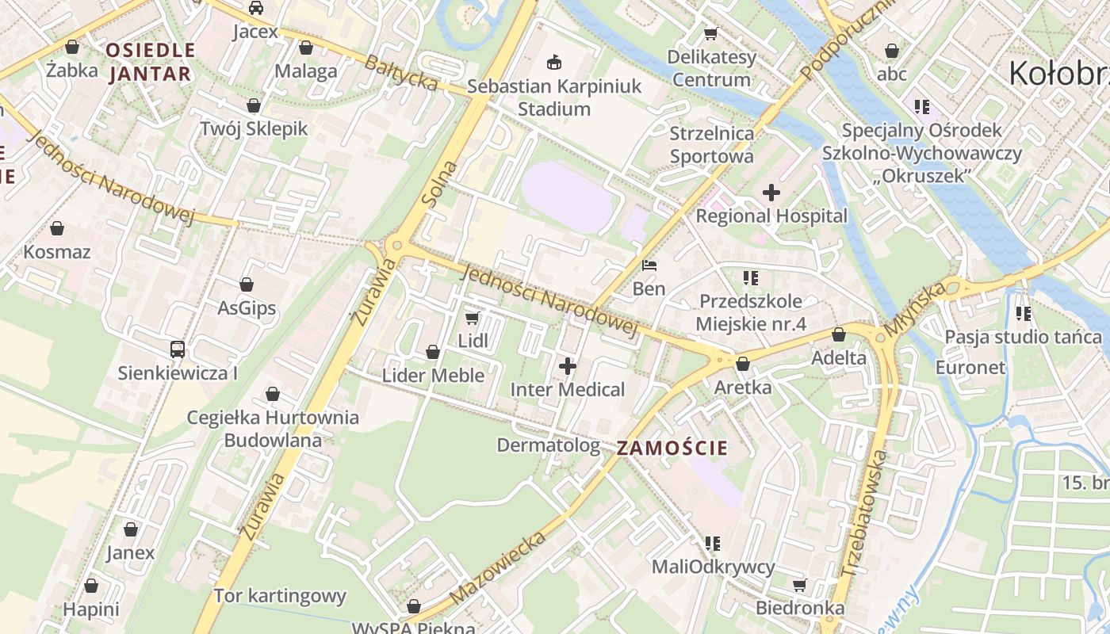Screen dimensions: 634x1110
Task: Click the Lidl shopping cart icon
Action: pyautogui.click(x=472, y=319)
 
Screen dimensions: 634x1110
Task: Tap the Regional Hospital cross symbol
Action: pyautogui.click(x=771, y=193)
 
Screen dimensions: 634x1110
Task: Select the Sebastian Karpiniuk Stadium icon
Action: pyautogui.click(x=553, y=62)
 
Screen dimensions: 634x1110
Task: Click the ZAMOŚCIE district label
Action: pyautogui.click(x=672, y=448)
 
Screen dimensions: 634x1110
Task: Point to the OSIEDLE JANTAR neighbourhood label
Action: pyautogui.click(x=150, y=62)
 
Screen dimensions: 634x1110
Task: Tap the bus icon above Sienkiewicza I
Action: pyautogui.click(x=178, y=349)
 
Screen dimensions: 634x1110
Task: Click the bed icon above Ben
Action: pyautogui.click(x=649, y=265)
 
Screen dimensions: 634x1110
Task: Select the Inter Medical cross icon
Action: pyautogui.click(x=567, y=366)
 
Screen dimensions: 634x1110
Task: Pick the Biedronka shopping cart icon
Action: pyautogui.click(x=799, y=585)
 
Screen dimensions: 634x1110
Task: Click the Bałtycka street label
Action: pyautogui.click(x=401, y=71)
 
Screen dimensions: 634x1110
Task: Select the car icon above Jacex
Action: pyautogui.click(x=255, y=9)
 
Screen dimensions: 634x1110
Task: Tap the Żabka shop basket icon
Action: pyautogui.click(x=72, y=47)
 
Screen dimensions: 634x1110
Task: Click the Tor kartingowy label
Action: pyautogui.click(x=280, y=596)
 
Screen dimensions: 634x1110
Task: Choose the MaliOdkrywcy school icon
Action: pyautogui.click(x=712, y=544)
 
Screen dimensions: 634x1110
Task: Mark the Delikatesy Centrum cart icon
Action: pyautogui.click(x=711, y=34)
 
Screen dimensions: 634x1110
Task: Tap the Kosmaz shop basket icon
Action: pyautogui.click(x=57, y=229)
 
